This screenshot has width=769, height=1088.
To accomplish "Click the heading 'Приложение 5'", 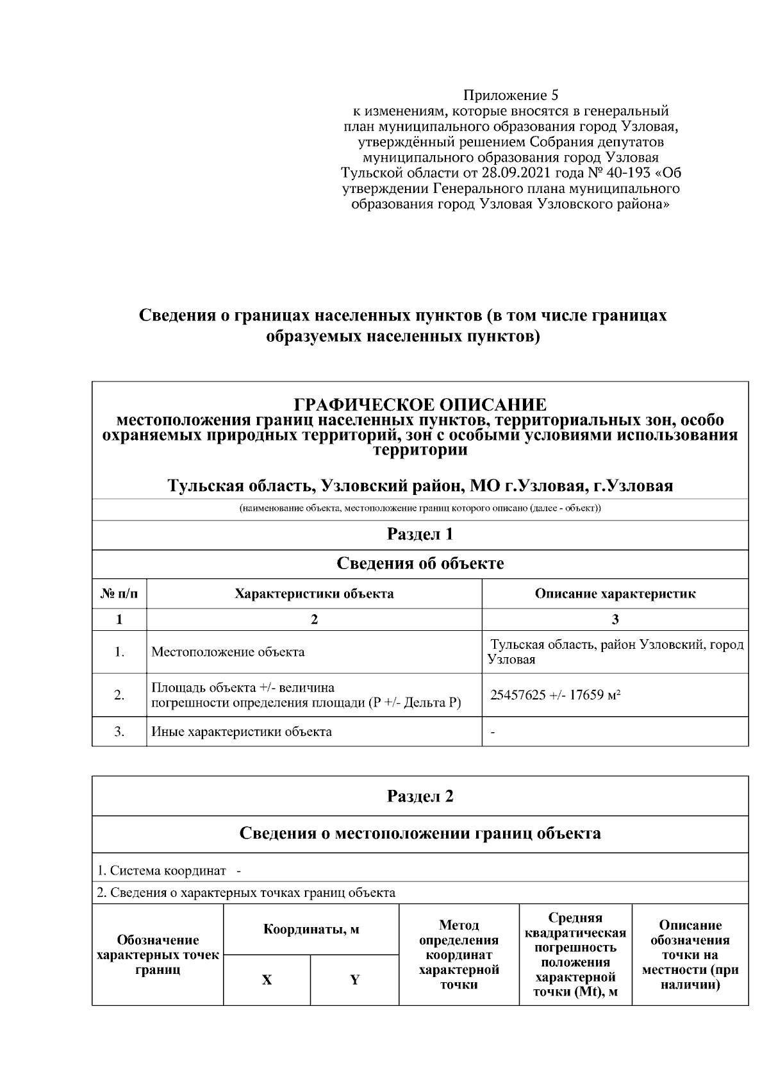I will point(511,96).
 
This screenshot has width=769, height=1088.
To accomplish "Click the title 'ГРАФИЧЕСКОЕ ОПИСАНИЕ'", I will point(420,405).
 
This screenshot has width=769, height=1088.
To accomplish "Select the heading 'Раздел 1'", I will point(420,534).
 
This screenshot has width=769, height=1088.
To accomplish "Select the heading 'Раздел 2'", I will point(420,796).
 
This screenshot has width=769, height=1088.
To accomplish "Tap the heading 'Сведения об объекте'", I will point(420,564).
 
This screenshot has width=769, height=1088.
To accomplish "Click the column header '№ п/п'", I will point(119,594).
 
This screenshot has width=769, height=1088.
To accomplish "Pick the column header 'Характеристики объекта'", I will point(314,594).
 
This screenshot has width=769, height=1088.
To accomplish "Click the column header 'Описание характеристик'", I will point(615,594).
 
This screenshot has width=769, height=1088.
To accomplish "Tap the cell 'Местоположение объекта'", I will point(227,652).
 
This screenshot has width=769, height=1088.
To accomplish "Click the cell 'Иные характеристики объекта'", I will point(241,732).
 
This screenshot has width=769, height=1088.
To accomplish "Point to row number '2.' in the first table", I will point(119,695).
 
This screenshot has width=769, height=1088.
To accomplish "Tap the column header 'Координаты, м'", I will point(311,930).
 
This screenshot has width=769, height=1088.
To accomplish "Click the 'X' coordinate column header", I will point(267,980).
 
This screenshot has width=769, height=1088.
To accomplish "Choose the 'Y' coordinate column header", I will point(354,980).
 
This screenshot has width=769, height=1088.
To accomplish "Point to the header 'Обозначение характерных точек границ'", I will point(158,955).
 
